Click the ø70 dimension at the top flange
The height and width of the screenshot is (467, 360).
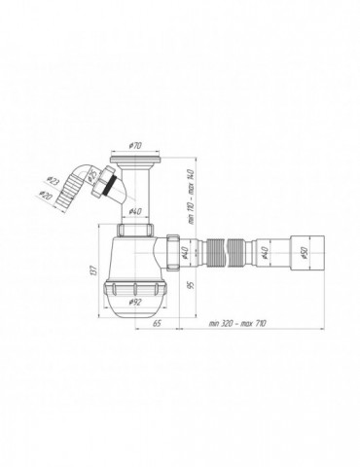[136, 144]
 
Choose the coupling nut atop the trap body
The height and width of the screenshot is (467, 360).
[135, 230]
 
